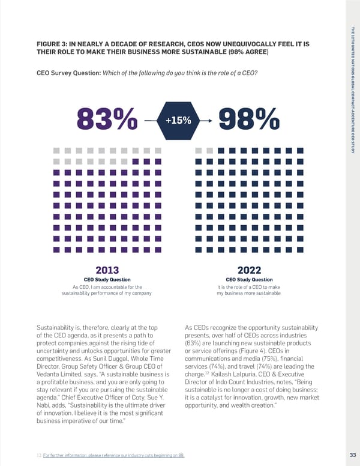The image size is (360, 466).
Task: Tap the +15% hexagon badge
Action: click(178, 121)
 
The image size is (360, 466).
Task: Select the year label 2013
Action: click(107, 270)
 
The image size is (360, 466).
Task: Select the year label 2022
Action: click(248, 270)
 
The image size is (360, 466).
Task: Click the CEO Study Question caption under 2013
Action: click(107, 280)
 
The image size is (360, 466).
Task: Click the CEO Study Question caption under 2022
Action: click(248, 280)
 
